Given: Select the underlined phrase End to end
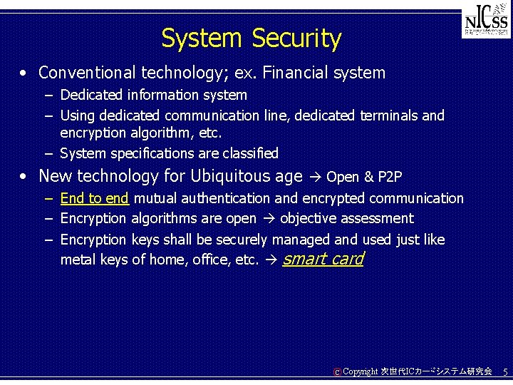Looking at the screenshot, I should click(94, 198).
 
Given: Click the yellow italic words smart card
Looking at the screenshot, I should click(323, 259).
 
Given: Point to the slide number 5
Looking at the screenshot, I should click(504, 372).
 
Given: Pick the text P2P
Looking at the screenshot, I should click(390, 177).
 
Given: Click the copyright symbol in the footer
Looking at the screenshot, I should click(337, 372).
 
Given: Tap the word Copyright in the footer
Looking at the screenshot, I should click(361, 372).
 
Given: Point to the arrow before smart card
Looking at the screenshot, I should click(270, 260).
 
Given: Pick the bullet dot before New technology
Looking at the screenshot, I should click(24, 176).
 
